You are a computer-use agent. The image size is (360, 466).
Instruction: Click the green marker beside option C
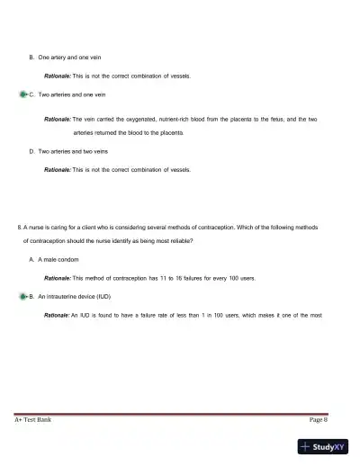click(x=22, y=94)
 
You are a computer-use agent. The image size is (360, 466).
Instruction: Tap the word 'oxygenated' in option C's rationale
click(x=142, y=119)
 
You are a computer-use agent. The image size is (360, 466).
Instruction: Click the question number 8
click(x=20, y=227)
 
